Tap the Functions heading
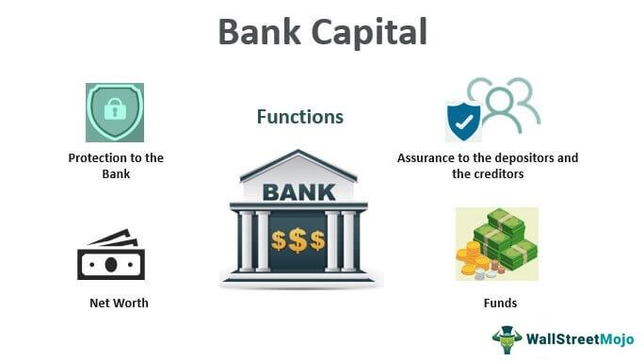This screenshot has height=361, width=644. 300,117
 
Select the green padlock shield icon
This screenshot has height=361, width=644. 114,112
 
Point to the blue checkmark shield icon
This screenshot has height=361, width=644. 464,122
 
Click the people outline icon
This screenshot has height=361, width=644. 506,102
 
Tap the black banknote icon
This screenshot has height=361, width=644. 111,254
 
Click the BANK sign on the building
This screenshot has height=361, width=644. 298,193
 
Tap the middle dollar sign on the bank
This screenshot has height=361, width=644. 299,239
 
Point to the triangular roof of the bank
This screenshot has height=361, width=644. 298,165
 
